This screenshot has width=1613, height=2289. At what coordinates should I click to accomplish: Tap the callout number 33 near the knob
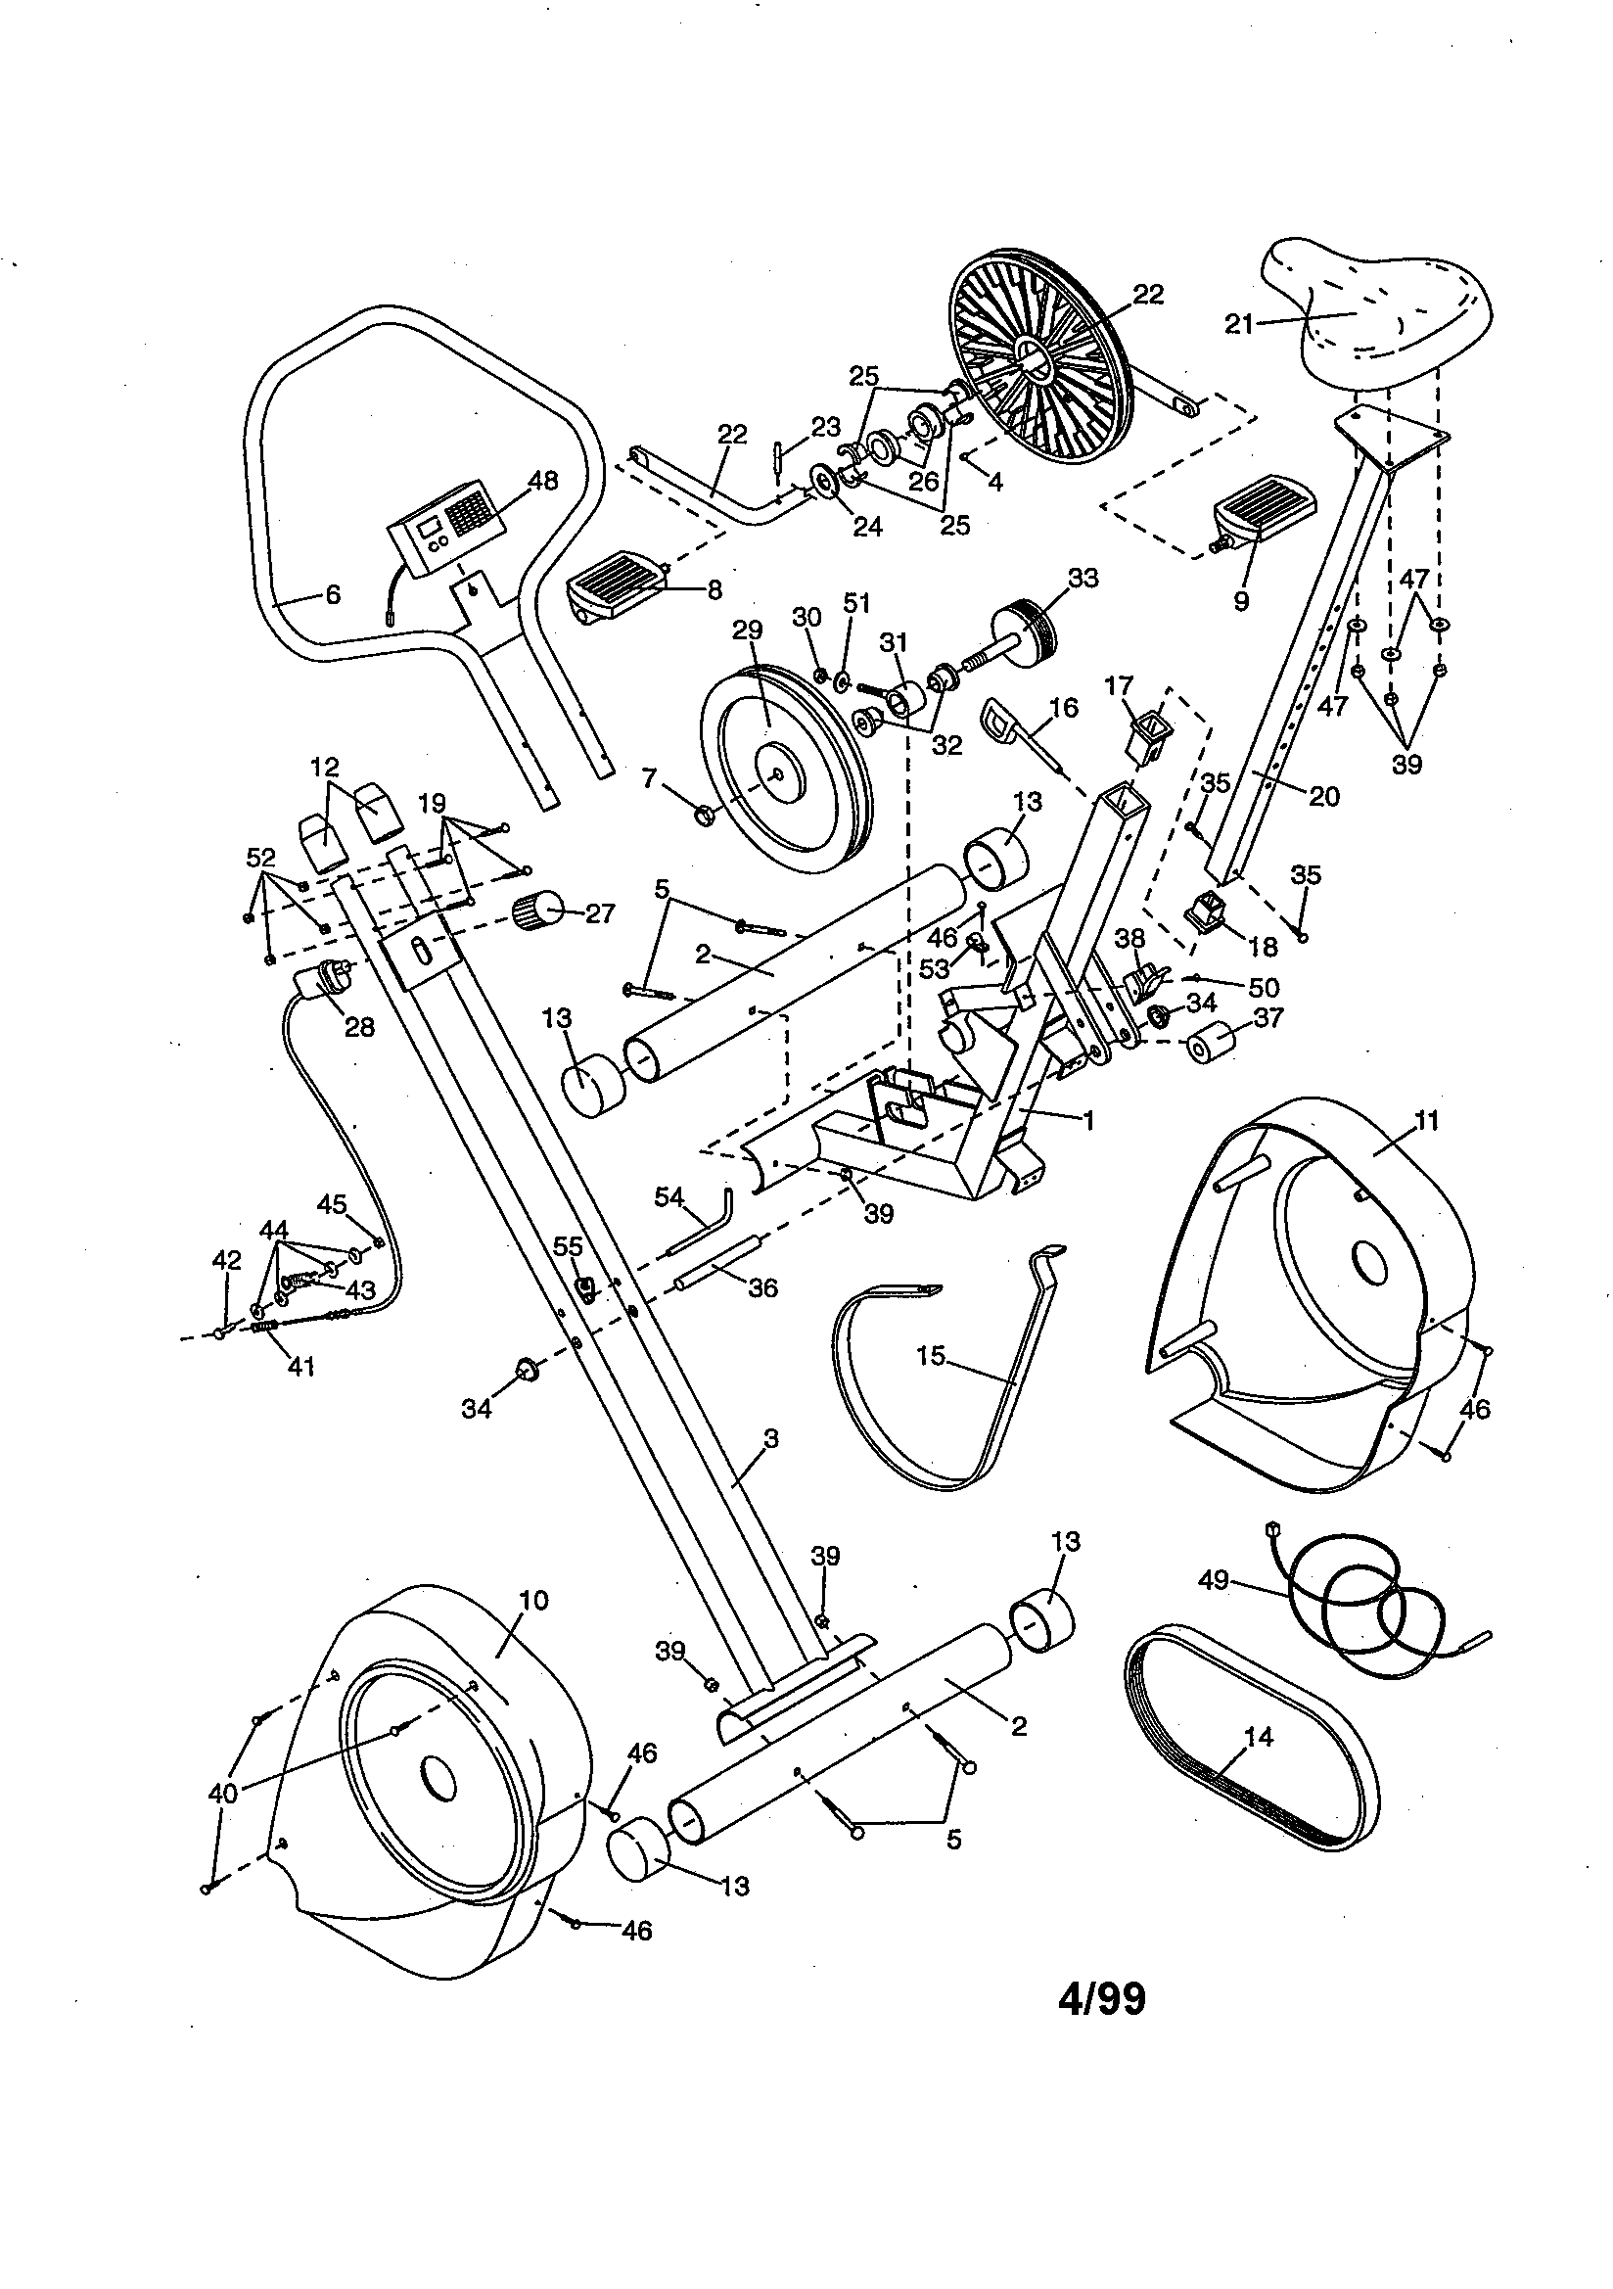(x=1083, y=579)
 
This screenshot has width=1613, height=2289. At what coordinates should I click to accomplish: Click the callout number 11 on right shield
(x=1427, y=1121)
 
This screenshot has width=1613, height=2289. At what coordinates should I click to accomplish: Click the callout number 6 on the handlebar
(x=332, y=595)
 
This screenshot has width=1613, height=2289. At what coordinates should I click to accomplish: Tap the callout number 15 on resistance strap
(x=931, y=1357)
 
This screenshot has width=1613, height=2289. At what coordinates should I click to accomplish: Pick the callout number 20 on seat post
(x=1324, y=796)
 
